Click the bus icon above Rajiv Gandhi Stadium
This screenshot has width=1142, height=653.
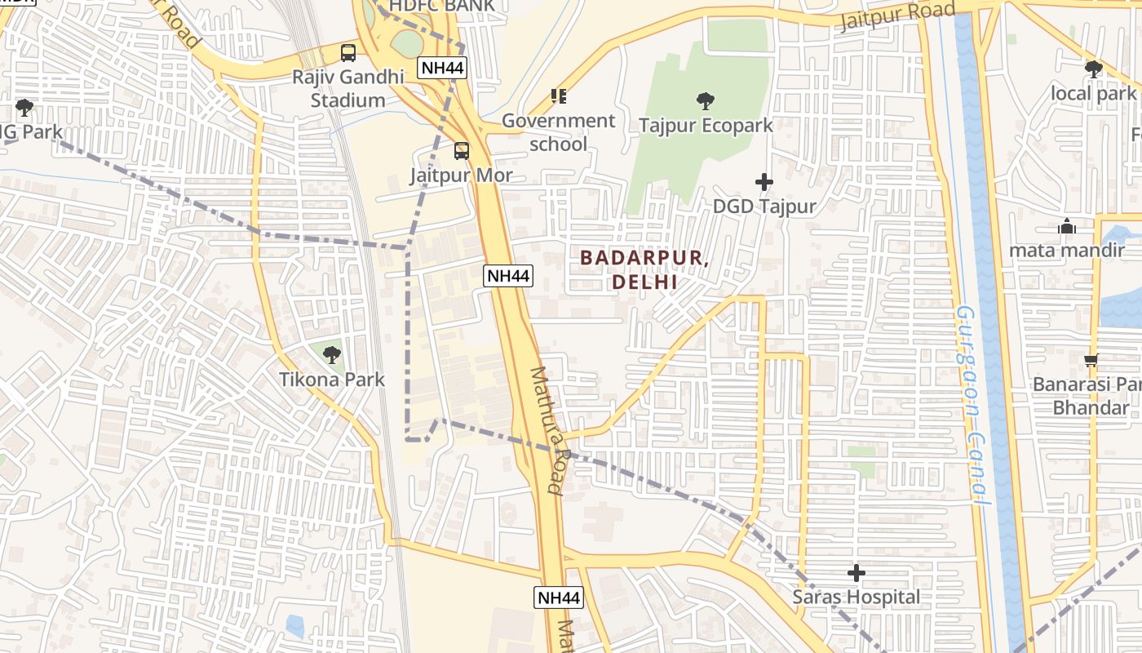click(x=348, y=53)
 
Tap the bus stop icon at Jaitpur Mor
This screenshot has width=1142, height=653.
click(x=462, y=151)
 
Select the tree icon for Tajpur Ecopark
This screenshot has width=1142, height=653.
click(x=706, y=101)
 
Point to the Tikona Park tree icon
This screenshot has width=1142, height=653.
click(x=331, y=355)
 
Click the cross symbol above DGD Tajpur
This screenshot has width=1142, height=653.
click(x=764, y=182)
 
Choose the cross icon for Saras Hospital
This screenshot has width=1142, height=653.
click(x=856, y=573)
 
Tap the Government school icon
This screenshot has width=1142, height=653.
click(x=559, y=96)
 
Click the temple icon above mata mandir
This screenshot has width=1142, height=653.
click(x=1066, y=227)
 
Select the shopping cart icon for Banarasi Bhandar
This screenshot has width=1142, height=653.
click(x=1091, y=360)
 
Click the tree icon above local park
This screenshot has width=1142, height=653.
click(x=1093, y=69)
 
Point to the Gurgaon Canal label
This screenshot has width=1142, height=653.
click(x=974, y=404)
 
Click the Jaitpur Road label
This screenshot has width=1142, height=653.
click(x=897, y=15)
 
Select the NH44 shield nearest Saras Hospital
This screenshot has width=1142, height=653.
click(x=560, y=597)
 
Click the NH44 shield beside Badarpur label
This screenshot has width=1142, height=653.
click(x=509, y=276)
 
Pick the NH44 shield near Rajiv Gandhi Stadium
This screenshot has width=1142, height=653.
click(x=442, y=68)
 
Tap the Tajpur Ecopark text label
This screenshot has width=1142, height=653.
click(x=706, y=126)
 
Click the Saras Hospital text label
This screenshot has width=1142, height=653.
click(x=856, y=597)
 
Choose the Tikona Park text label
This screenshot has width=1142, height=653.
click(x=331, y=380)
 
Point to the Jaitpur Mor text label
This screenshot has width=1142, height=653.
click(x=461, y=175)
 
